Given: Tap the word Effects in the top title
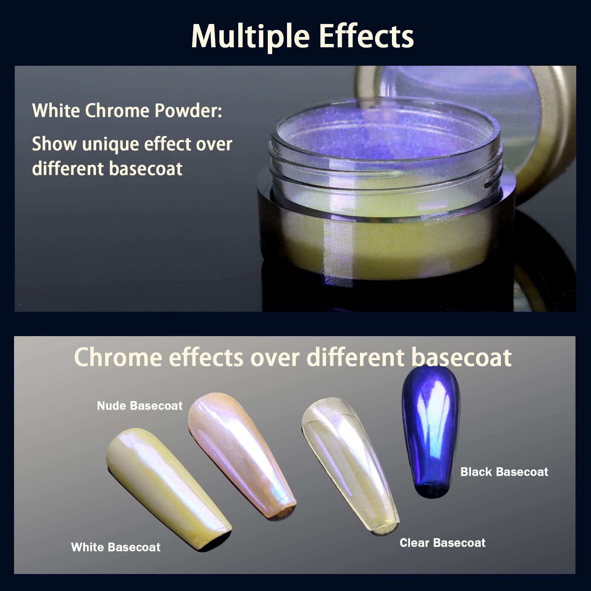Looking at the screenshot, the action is click(x=366, y=36).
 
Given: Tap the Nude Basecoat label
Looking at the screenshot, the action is click(x=140, y=406).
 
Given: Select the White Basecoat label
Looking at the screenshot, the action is click(x=116, y=547).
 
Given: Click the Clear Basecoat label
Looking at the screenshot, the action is click(x=443, y=543).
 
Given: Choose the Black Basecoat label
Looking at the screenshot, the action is click(x=504, y=472).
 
